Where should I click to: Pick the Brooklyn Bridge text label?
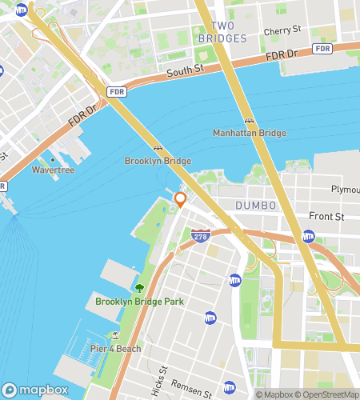point(158,161)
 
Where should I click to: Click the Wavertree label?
point(52,170)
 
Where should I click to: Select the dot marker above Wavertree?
point(52,159)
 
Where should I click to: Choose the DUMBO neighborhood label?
point(255,206)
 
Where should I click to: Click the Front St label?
point(326,217)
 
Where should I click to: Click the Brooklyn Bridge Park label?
point(139,302)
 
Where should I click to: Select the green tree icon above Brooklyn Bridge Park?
point(140,288)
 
